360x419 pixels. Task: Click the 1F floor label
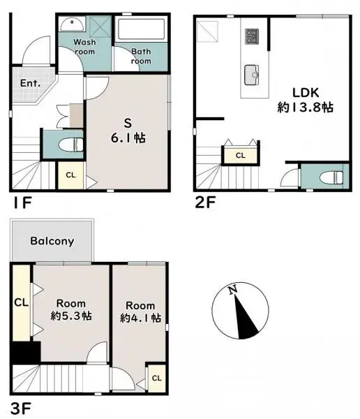[x=20, y=203]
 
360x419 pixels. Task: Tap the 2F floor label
[x=205, y=203]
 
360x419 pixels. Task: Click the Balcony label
[x=52, y=241]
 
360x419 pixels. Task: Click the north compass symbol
[x=239, y=312]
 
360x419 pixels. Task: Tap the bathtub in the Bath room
[x=142, y=31]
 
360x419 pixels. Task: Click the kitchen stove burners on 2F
[x=251, y=34]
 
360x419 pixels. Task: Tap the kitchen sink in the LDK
[x=251, y=72]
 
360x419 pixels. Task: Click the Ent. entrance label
[x=31, y=83]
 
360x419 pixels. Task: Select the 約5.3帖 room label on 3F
[x=71, y=310]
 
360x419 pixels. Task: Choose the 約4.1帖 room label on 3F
[x=140, y=312]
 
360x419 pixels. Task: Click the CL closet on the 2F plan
[x=241, y=155]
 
